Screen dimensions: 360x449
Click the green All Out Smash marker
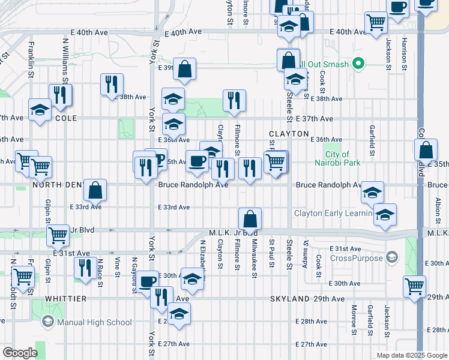359,63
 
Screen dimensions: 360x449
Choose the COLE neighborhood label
66,119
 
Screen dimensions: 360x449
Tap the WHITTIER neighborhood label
65,298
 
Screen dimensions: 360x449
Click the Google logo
20,353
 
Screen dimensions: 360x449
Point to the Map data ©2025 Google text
411,355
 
